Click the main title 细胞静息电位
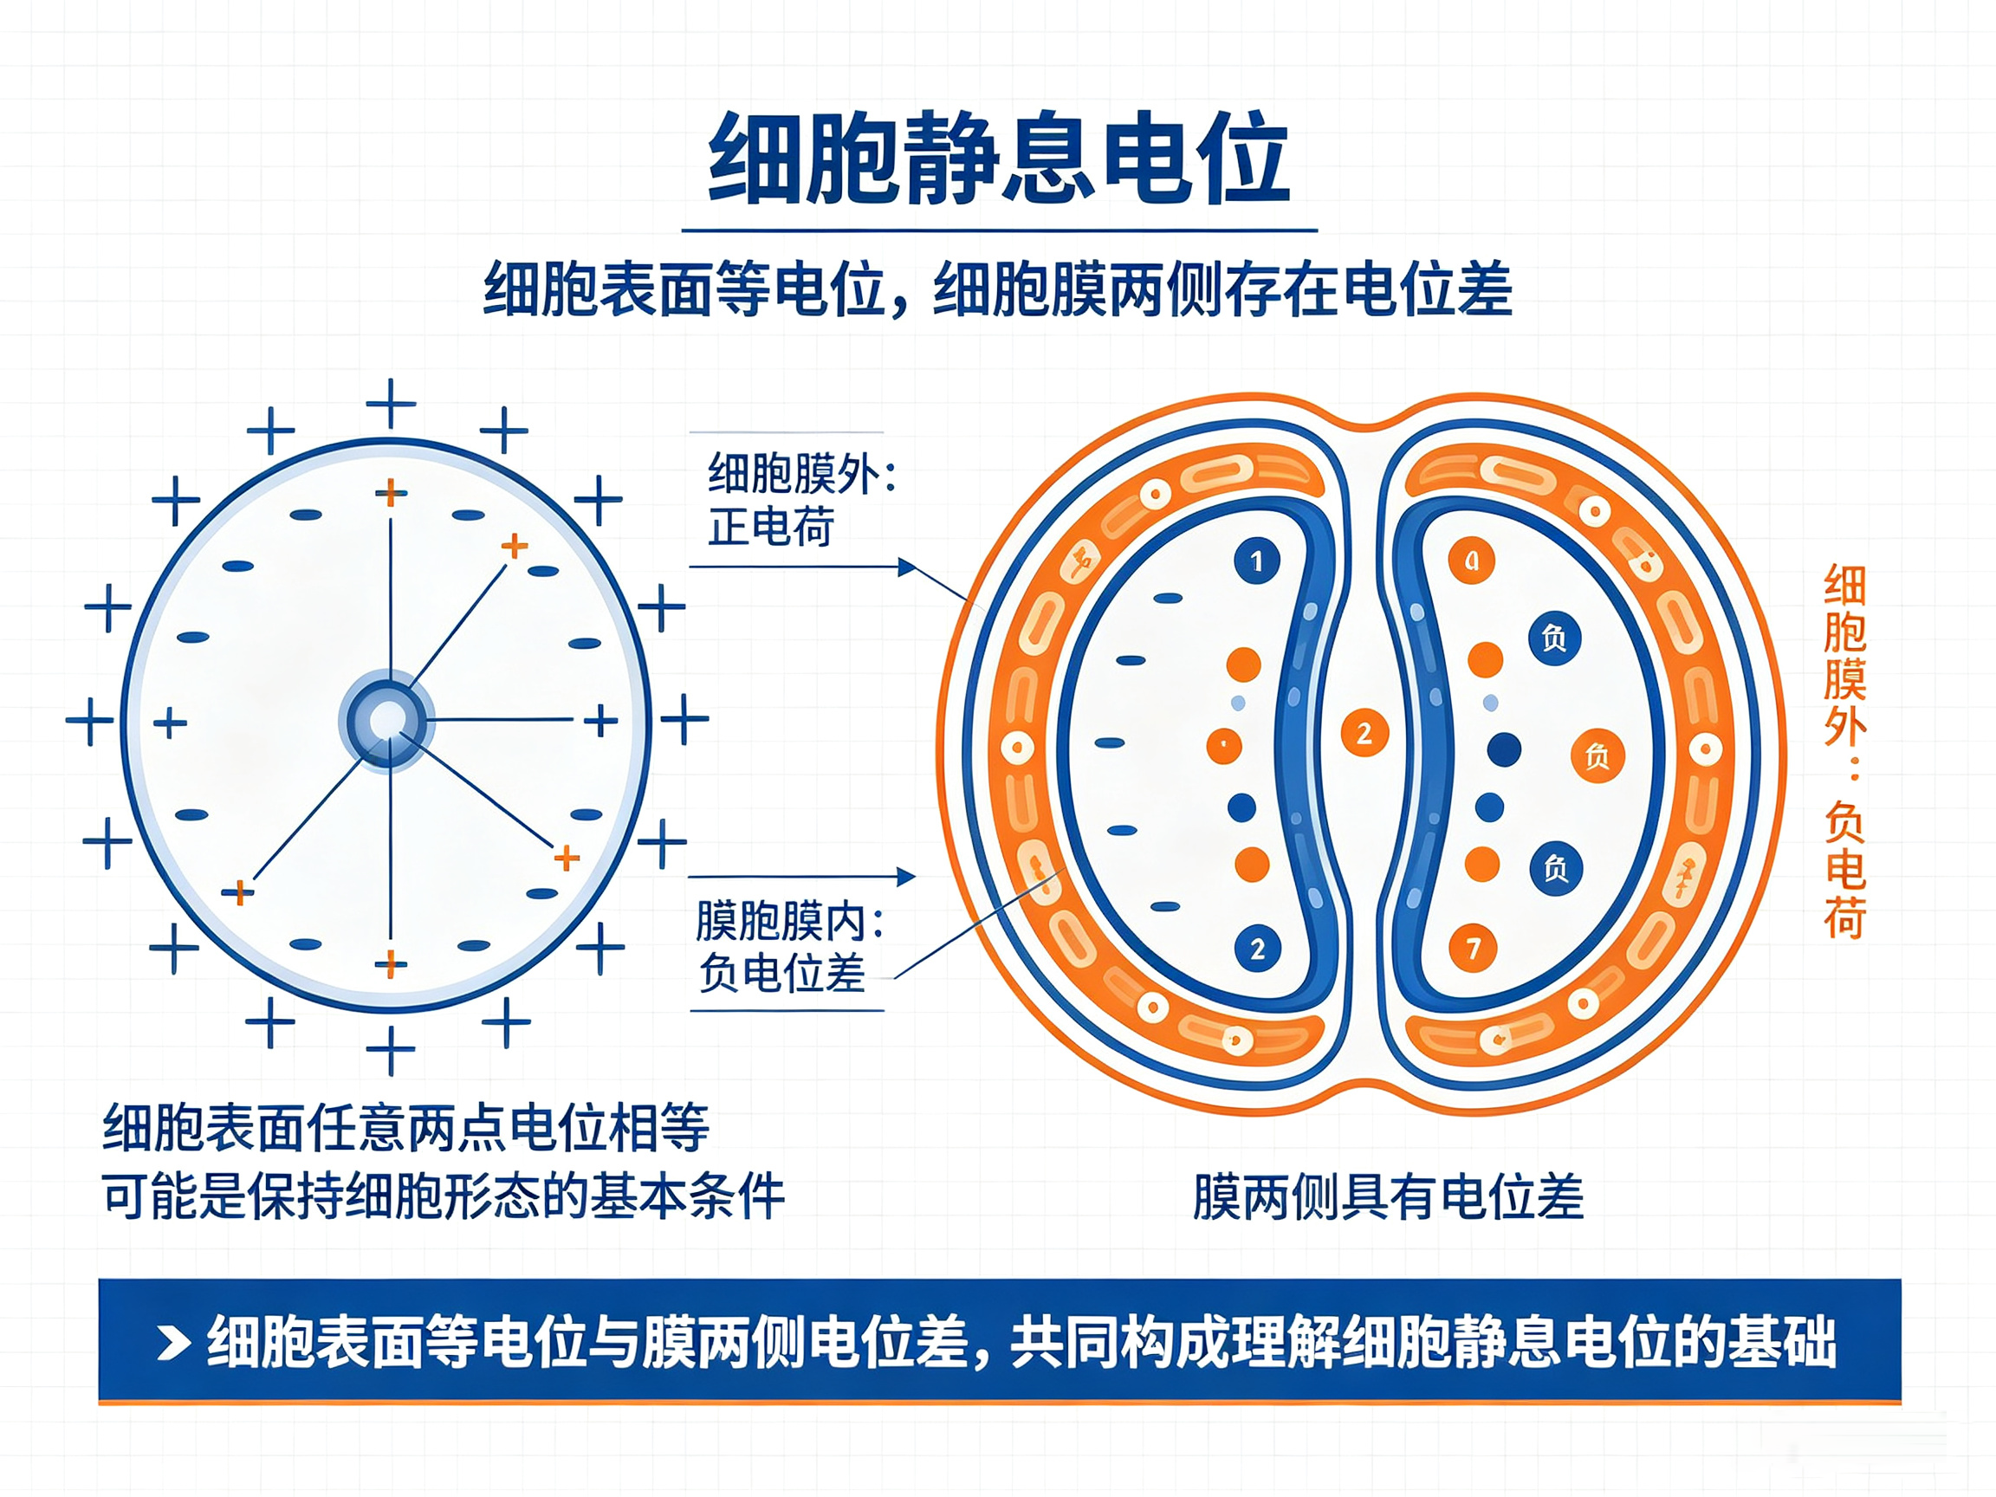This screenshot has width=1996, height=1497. tap(999, 159)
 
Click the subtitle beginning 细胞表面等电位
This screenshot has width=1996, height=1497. tap(998, 289)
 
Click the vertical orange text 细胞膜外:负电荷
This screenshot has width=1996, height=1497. tap(1844, 752)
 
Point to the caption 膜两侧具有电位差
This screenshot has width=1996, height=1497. tap(1388, 1196)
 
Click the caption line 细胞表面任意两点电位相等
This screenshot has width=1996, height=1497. tap(406, 1127)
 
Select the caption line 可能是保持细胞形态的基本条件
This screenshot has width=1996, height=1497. tap(443, 1196)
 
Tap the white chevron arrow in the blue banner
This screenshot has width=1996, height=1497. tap(173, 1343)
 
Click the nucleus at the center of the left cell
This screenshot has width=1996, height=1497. tap(389, 720)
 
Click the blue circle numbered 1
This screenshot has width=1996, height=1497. tap(1257, 561)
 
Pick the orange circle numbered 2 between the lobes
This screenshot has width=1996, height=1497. tap(1364, 733)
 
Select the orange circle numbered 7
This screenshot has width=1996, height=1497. tap(1473, 948)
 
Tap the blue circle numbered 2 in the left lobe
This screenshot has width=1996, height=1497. tap(1258, 949)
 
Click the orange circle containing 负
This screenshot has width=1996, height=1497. tap(1597, 755)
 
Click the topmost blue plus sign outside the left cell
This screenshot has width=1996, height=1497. tap(391, 404)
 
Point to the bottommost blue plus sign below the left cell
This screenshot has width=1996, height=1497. tap(391, 1050)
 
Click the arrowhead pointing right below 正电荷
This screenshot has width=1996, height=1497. tap(907, 567)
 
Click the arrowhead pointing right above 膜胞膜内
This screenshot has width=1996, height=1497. tap(906, 876)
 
